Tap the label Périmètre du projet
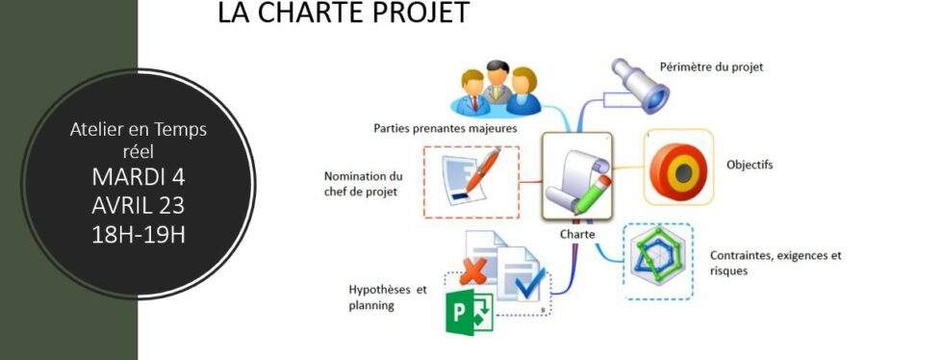click(711, 67)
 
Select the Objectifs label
click(750, 165)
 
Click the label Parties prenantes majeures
click(445, 127)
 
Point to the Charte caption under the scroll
click(576, 234)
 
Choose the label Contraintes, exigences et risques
click(775, 263)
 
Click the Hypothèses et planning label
click(387, 296)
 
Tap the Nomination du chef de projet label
click(364, 183)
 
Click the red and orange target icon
click(678, 170)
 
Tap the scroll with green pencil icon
click(575, 180)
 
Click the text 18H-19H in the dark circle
click(138, 234)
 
